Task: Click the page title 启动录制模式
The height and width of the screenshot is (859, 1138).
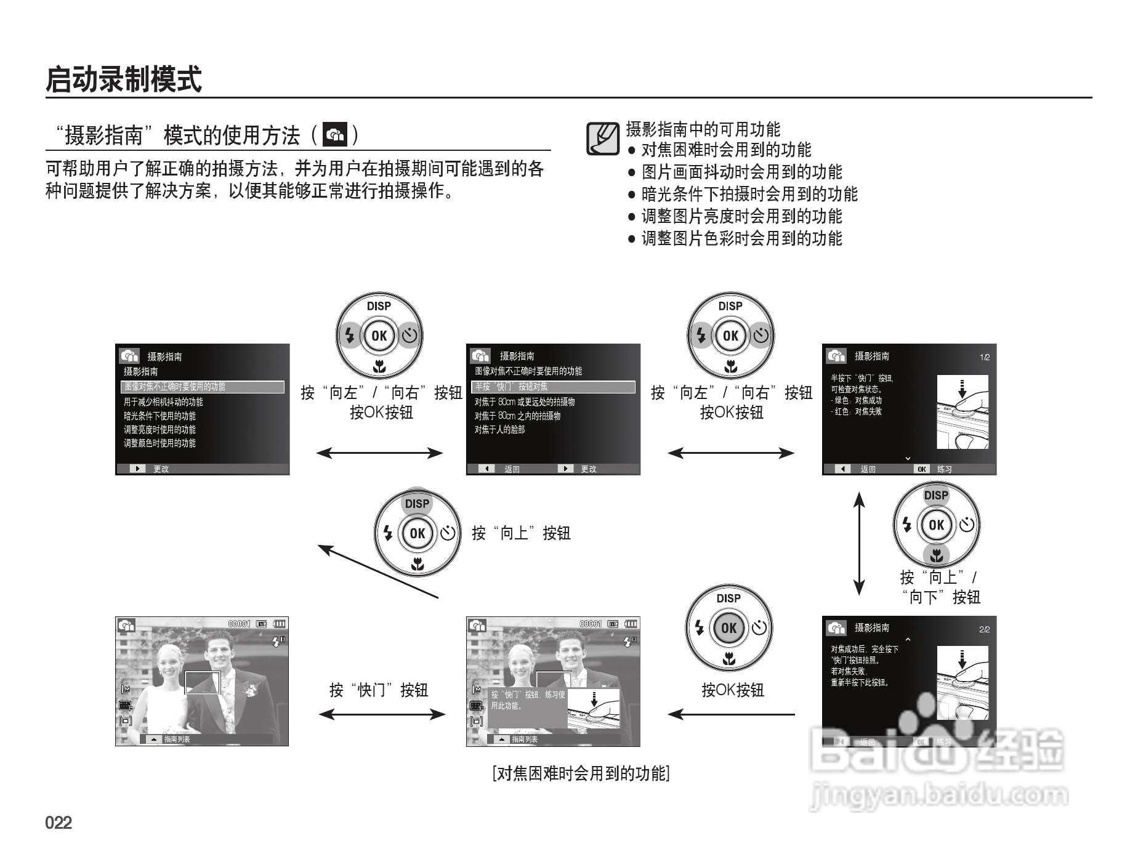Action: [x=124, y=79]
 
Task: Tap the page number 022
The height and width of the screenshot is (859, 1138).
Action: [x=59, y=823]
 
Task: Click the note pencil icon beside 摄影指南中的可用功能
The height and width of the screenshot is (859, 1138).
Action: [x=602, y=139]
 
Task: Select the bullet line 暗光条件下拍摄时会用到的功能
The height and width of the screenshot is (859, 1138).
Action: [x=749, y=194]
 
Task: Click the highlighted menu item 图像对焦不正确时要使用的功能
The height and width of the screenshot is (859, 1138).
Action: [x=203, y=387]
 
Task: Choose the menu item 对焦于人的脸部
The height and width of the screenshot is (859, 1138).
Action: [x=499, y=430]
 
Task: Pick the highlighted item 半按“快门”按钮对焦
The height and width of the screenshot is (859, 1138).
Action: [x=553, y=387]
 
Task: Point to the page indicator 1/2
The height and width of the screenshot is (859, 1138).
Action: [x=984, y=357]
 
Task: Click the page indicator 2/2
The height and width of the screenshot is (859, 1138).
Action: [x=984, y=629]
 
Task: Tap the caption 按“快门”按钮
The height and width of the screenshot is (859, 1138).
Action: [x=379, y=690]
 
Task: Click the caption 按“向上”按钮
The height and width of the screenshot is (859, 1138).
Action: [x=521, y=533]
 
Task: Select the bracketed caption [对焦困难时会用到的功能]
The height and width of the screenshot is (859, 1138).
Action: [x=581, y=773]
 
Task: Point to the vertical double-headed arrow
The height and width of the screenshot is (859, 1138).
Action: [x=859, y=543]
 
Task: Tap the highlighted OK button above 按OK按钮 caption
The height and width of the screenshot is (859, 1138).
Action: [x=728, y=628]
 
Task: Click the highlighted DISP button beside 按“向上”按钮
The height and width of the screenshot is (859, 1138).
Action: [x=417, y=504]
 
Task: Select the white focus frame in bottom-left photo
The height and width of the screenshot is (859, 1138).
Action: [x=203, y=683]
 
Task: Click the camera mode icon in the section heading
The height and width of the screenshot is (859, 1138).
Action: [x=335, y=135]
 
